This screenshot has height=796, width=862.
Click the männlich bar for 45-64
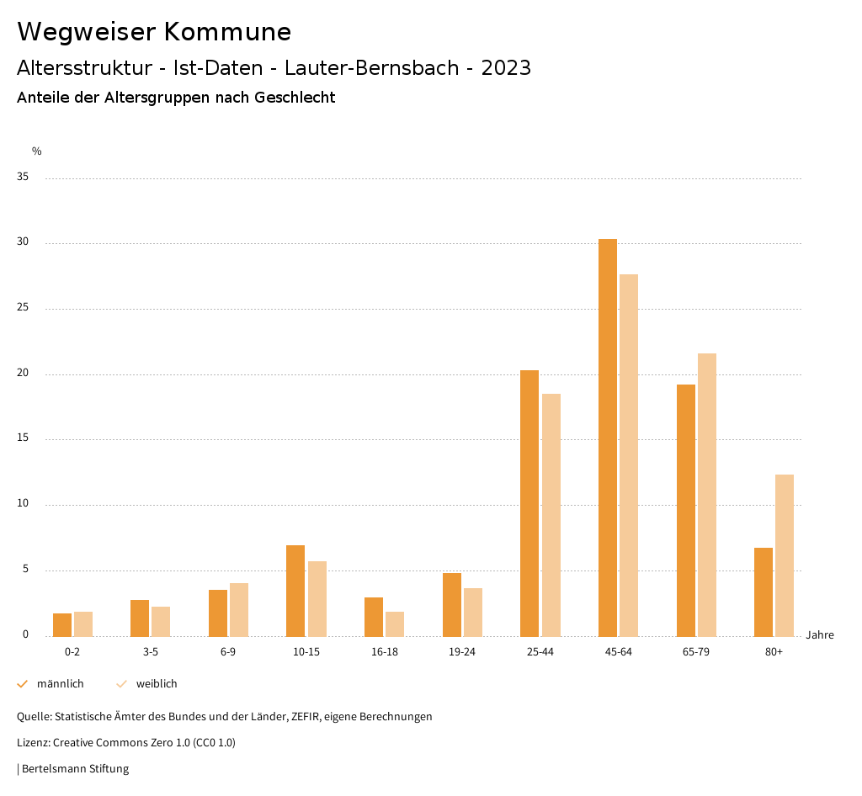pyautogui.click(x=608, y=438)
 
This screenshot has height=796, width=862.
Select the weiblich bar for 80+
pyautogui.click(x=785, y=555)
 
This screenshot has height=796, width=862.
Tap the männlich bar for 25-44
pyautogui.click(x=529, y=503)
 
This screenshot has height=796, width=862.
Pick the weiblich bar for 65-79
pyautogui.click(x=707, y=495)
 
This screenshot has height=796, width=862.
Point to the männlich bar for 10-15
pyautogui.click(x=295, y=591)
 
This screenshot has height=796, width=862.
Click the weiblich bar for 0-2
pyautogui.click(x=83, y=624)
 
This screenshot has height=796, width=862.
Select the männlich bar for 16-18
pyautogui.click(x=374, y=617)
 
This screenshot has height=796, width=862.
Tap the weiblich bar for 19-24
pyautogui.click(x=473, y=612)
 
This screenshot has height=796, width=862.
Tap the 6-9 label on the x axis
pyautogui.click(x=228, y=652)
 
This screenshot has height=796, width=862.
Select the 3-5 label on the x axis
pyautogui.click(x=150, y=652)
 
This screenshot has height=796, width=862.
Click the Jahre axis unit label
pyautogui.click(x=820, y=635)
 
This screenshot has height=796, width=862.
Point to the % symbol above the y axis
pyautogui.click(x=37, y=151)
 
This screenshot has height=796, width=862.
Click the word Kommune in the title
pyautogui.click(x=227, y=32)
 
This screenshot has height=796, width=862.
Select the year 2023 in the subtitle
pyautogui.click(x=506, y=68)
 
